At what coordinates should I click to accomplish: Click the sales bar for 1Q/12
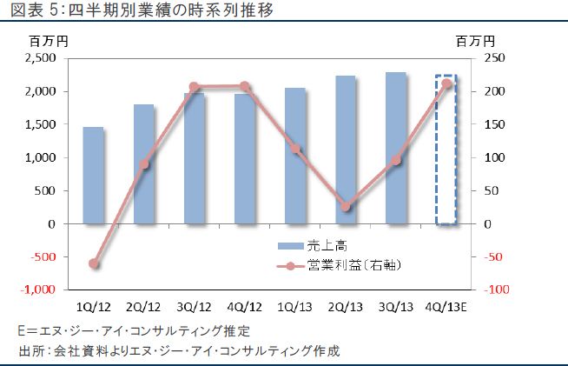pos(93,176)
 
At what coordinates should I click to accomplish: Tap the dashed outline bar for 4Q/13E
pos(446,150)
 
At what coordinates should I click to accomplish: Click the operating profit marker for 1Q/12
pos(94,263)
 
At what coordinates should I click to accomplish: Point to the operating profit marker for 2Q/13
pos(346,207)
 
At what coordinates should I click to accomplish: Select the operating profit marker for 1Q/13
pos(295,149)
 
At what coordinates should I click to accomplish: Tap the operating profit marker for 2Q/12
pos(144,163)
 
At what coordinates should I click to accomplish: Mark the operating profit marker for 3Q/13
pos(396,160)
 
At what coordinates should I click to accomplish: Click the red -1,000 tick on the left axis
pos(38,289)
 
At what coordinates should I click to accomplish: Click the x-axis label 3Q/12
pos(194,307)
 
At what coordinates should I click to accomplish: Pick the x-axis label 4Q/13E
pos(446,307)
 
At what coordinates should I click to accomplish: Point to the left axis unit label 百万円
pos(48,40)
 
